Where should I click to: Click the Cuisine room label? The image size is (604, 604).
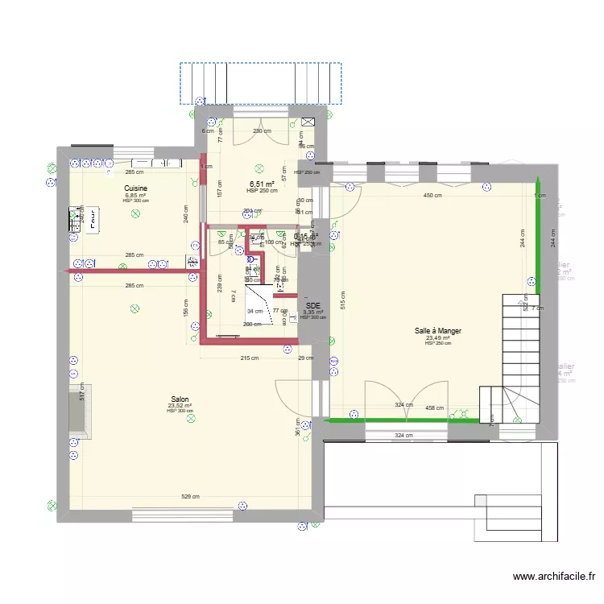coord(135,188)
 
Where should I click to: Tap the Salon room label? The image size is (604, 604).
coord(180,399)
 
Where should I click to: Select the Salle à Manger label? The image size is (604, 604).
coord(438,330)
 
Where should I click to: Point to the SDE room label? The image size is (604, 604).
coord(312,306)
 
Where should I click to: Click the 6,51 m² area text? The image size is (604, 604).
coord(261,184)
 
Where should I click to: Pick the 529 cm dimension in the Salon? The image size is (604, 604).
coord(190,497)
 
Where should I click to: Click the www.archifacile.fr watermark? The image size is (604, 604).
coord(553,577)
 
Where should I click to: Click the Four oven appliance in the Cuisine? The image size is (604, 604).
coord(93,218)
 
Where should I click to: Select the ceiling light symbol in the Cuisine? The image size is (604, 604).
coord(136,213)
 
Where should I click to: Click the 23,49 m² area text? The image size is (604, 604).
coord(438,338)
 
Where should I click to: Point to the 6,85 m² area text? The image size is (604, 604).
coord(135,195)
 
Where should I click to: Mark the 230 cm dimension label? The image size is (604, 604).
coord(261,131)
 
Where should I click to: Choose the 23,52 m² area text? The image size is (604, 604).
coord(180,406)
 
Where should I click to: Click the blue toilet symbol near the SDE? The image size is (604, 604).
coord(250,259)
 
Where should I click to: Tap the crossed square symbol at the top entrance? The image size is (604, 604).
coord(308,121)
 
